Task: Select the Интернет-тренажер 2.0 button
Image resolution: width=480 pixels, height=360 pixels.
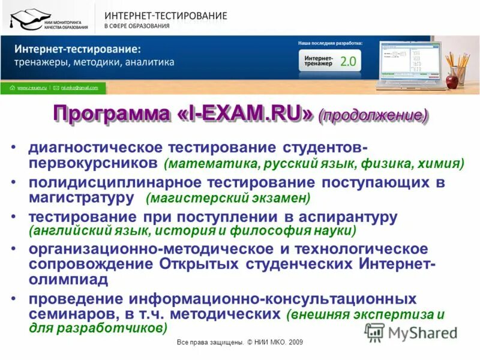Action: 329,61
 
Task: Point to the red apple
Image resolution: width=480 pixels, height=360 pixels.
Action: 452,80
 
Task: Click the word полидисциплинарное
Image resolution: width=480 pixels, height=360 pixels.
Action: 107,182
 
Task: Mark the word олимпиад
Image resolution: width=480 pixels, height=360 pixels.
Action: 68,280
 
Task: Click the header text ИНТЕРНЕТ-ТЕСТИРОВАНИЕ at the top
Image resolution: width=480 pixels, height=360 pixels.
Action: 166,16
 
